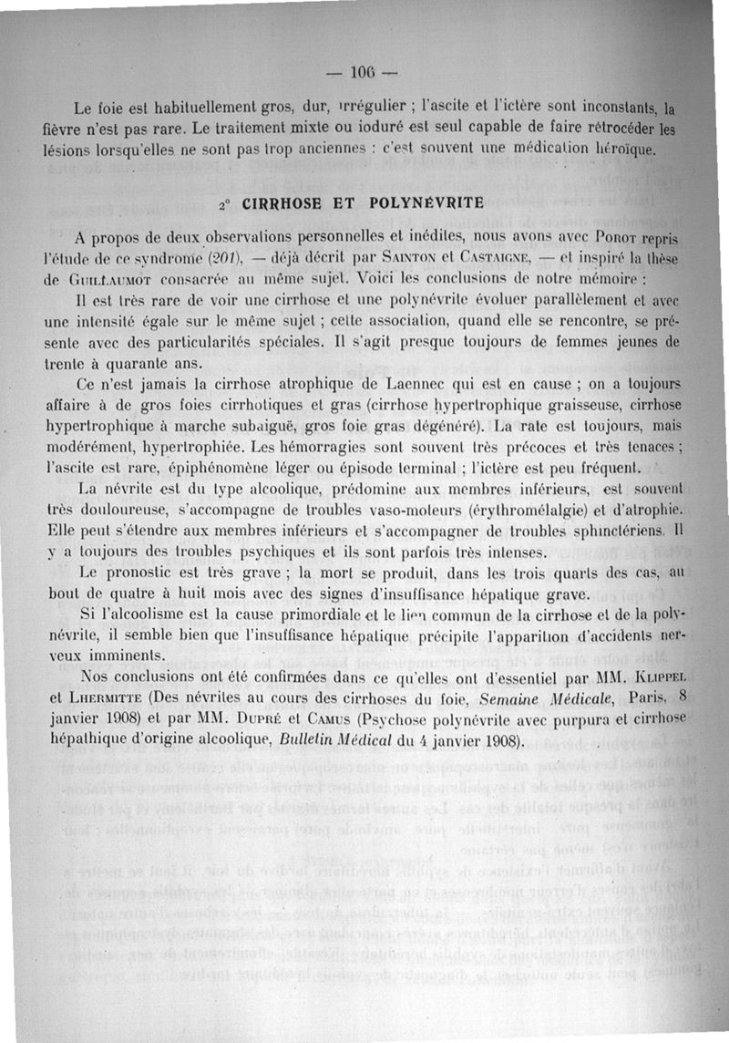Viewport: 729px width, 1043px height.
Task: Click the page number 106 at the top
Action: pyautogui.click(x=364, y=72)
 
